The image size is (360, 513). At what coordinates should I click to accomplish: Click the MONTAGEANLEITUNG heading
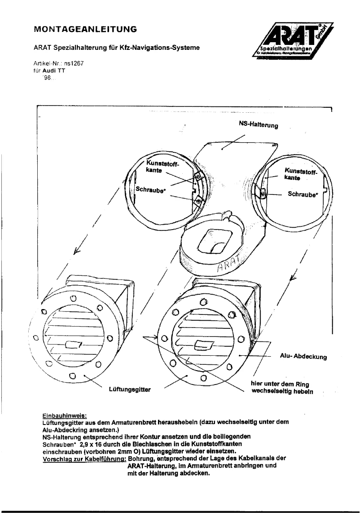click(x=85, y=30)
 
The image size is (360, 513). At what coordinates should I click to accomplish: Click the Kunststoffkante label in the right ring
click(x=300, y=174)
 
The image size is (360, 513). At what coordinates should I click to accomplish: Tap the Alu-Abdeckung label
click(x=304, y=358)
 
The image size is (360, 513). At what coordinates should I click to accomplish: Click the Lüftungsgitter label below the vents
click(x=129, y=390)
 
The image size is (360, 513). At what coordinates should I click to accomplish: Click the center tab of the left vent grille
click(x=72, y=345)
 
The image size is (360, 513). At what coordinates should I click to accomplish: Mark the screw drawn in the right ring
click(x=263, y=195)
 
